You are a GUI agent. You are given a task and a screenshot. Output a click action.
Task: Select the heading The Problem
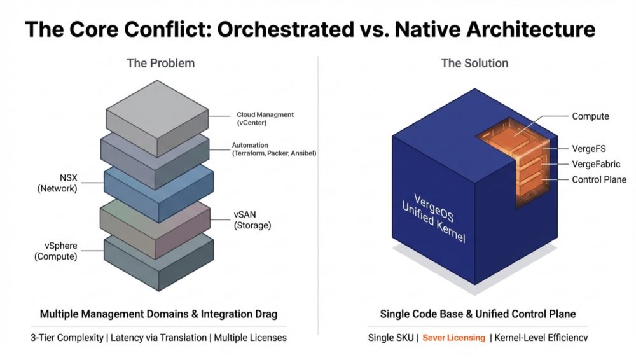click(x=160, y=63)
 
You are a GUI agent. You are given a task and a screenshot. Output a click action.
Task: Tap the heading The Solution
click(x=474, y=63)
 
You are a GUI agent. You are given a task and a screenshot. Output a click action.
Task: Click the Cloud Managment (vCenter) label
click(x=265, y=118)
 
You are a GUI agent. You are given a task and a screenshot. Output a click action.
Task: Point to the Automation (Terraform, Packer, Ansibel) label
click(x=273, y=149)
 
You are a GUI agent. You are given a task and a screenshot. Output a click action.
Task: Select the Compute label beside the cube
click(x=590, y=116)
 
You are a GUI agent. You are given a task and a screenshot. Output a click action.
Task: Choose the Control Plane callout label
click(x=599, y=180)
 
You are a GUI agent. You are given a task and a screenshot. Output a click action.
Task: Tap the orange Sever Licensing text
click(x=453, y=338)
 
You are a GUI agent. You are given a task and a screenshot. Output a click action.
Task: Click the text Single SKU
click(x=389, y=338)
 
